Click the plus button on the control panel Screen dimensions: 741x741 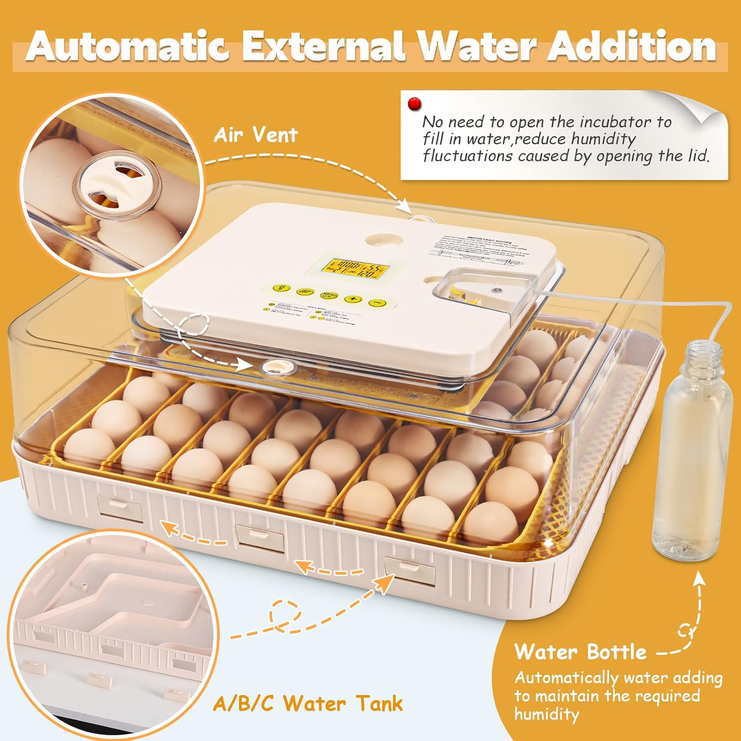pos(353,298)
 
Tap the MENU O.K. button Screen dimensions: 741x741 pos(329,295)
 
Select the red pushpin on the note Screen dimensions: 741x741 pos(414,104)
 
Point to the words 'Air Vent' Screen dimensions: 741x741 pos(255,135)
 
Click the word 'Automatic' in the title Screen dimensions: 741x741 pos(127,47)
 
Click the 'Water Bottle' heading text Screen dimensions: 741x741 pos(580,652)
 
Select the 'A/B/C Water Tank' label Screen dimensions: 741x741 pos(308,704)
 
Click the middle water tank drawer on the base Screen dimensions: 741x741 pos(260,537)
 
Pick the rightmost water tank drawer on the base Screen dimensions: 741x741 pos(410,570)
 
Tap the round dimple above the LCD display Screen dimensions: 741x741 pos(382,240)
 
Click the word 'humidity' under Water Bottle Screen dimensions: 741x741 pos(547,714)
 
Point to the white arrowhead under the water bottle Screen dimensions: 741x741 pos(699,578)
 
